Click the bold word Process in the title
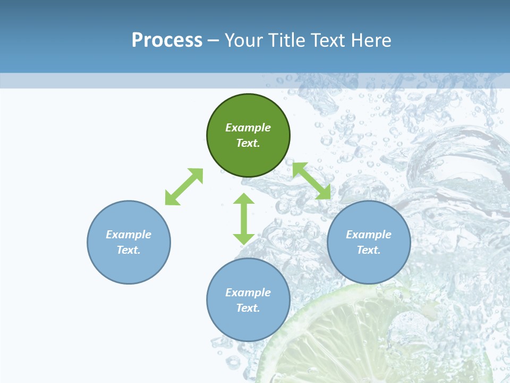pos(167,40)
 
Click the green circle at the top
pos(248,154)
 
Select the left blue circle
pos(129,266)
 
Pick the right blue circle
pos(369,266)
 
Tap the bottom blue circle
pos(248,324)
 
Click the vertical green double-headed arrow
pos(244,219)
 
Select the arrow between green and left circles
pos(184,187)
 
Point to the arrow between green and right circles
pos(312,181)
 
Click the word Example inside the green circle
pos(248,128)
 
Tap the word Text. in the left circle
pos(129,250)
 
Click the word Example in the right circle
pos(369,235)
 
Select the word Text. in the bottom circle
pos(248,308)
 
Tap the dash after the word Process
pos(214,40)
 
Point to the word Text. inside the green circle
pos(248,143)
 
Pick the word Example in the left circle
pos(129,235)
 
